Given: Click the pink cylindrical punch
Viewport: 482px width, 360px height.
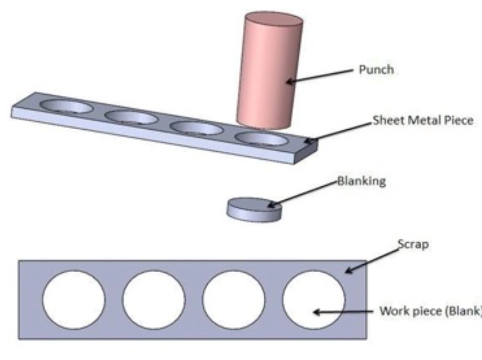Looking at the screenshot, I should (270, 73).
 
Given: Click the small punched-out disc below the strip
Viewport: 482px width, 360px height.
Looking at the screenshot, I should (254, 208).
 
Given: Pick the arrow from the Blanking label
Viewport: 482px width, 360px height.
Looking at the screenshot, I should (301, 195).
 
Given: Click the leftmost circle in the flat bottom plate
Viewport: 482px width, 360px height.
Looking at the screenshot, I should (74, 300).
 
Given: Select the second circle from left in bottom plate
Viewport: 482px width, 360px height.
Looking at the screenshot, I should (154, 300).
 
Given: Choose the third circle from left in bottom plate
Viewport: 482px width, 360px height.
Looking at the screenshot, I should (234, 300).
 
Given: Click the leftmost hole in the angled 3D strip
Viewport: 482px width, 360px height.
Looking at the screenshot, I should (66, 107).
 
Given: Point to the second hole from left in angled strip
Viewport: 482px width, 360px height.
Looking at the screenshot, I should (131, 117).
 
